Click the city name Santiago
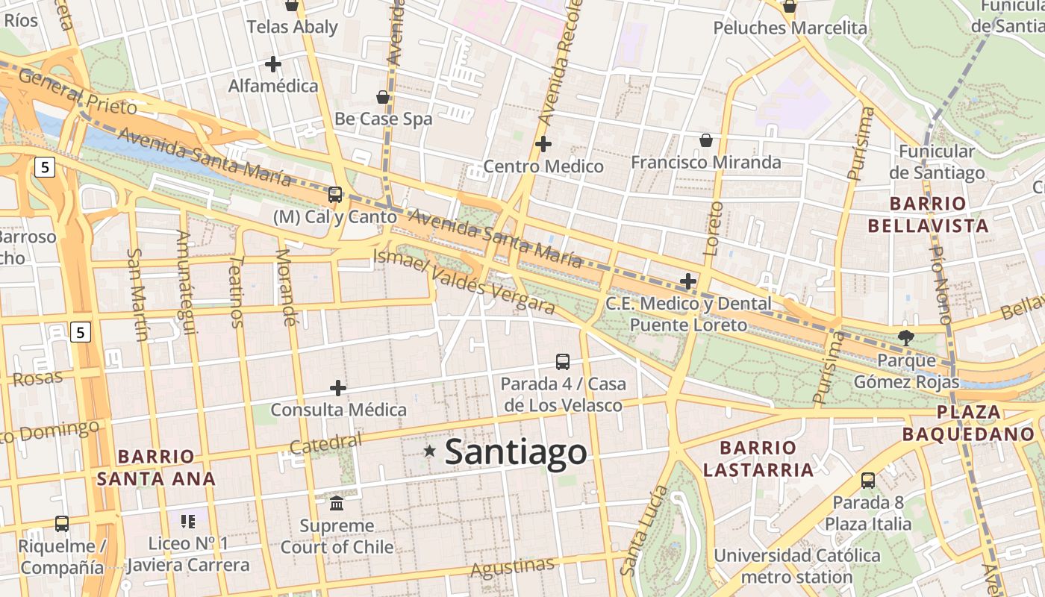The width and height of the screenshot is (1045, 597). click(x=516, y=452)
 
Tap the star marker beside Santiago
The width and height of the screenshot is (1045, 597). click(x=430, y=451)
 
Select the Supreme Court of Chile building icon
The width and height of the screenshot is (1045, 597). click(x=337, y=503)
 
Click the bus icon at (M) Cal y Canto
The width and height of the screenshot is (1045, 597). click(x=335, y=195)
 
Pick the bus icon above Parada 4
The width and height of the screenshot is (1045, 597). click(x=563, y=362)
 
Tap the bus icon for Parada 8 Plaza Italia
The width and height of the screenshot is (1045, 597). click(x=868, y=481)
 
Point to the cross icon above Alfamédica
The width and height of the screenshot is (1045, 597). click(x=273, y=64)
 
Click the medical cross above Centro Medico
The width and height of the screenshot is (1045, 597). click(x=543, y=143)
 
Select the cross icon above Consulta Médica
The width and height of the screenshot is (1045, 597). click(x=338, y=388)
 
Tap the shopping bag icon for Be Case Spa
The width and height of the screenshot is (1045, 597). click(x=383, y=97)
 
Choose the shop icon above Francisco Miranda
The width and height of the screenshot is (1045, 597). click(x=705, y=140)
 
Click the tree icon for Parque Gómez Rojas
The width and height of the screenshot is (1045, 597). click(x=906, y=337)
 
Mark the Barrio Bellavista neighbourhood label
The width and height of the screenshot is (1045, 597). click(x=939, y=214)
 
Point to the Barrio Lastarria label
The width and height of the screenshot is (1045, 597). click(x=758, y=459)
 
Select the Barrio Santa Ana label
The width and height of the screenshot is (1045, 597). click(x=156, y=467)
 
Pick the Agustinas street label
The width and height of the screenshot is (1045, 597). click(x=512, y=568)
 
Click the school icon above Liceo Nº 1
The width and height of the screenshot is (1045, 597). click(x=188, y=521)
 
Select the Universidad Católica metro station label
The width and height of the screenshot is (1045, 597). click(x=797, y=566)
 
